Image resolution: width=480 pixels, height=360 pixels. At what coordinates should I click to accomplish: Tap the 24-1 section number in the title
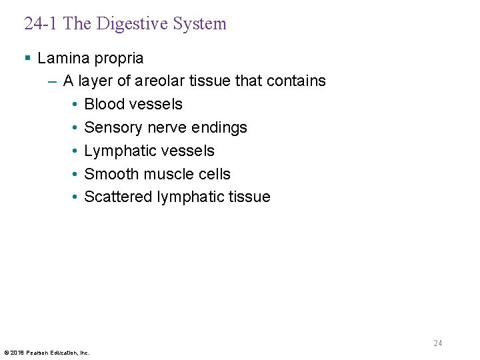pyautogui.click(x=41, y=24)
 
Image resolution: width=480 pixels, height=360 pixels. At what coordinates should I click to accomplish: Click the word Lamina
pyautogui.click(x=61, y=59)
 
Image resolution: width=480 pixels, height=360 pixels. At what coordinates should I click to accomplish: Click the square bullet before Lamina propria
pyautogui.click(x=27, y=59)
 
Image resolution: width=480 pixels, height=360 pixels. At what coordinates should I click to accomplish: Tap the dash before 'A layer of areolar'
pyautogui.click(x=53, y=81)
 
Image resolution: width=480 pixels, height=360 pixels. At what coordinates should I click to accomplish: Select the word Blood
pyautogui.click(x=105, y=104)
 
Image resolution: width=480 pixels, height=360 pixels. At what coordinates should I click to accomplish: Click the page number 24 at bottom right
pyautogui.click(x=437, y=343)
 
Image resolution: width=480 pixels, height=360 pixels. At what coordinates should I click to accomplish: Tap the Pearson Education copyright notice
pyautogui.click(x=47, y=352)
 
